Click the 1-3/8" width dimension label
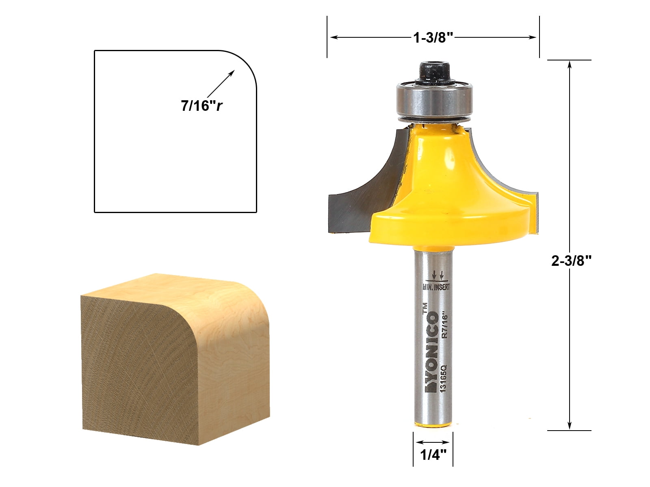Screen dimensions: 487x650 pyautogui.click(x=433, y=38)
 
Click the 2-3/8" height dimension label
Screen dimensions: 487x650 pyautogui.click(x=571, y=261)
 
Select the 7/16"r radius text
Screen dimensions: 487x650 pyautogui.click(x=202, y=106)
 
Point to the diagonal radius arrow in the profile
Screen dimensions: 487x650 pyautogui.click(x=221, y=84)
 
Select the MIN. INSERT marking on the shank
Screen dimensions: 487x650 pyautogui.click(x=436, y=287)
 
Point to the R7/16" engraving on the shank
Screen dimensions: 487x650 pyautogui.click(x=445, y=325)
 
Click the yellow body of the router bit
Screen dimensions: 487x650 pyautogui.click(x=447, y=191)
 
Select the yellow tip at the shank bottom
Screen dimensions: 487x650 pyautogui.click(x=433, y=425)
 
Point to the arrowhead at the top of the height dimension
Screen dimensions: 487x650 pyautogui.click(x=570, y=65)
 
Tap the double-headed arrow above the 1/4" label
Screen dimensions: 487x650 pyautogui.click(x=433, y=442)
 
